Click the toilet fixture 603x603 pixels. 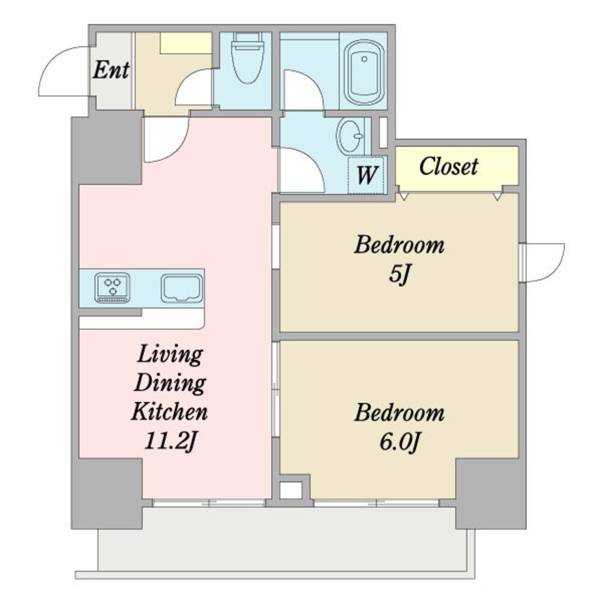click(247, 58)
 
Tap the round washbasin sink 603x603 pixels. click(350, 135)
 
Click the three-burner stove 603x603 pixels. click(112, 288)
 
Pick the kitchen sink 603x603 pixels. click(182, 288)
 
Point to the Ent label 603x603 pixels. click(111, 70)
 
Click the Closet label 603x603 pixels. click(449, 166)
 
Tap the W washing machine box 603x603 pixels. click(366, 175)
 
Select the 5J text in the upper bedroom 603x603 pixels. click(400, 274)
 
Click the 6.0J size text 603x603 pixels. click(399, 442)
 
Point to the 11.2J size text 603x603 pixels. click(171, 441)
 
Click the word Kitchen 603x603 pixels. click(169, 411)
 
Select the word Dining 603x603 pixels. click(170, 383)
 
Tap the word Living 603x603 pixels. click(170, 354)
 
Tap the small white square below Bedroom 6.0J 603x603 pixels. click(291, 490)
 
